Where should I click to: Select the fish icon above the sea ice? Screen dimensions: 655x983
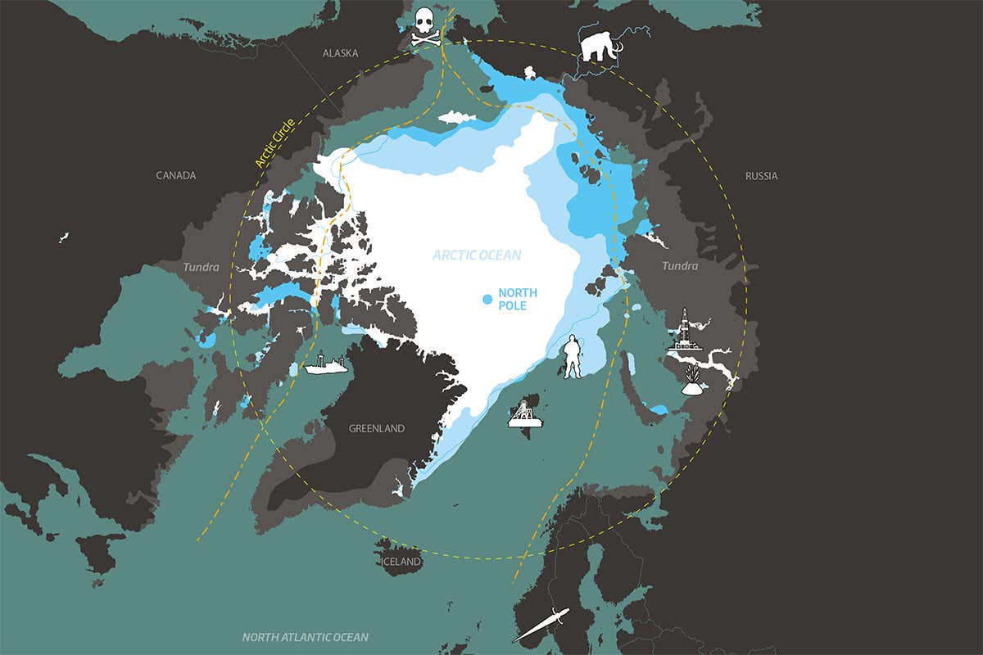tap(457, 118)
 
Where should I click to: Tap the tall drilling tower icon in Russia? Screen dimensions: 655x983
tap(686, 331)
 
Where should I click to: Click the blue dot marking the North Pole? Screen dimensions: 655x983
tap(487, 300)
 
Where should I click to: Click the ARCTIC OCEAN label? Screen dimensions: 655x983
tap(477, 255)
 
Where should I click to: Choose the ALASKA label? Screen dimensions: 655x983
tap(340, 53)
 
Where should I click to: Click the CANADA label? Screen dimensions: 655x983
tap(176, 175)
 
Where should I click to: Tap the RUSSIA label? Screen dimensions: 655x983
tap(761, 176)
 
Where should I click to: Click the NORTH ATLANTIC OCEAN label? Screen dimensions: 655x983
tap(305, 637)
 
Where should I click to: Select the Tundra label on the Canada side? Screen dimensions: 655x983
tap(201, 267)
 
